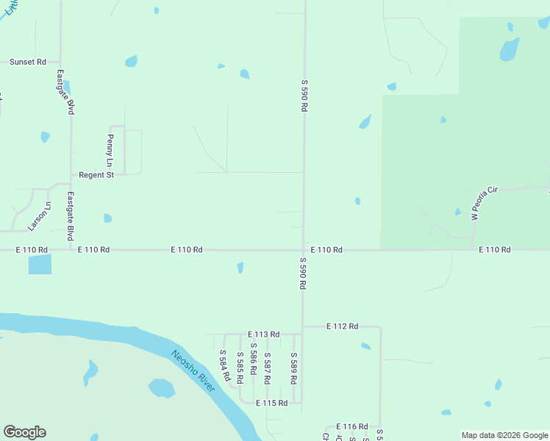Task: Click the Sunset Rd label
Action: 28,62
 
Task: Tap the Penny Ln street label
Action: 110,150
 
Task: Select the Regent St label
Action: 96,175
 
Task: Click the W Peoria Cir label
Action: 485,203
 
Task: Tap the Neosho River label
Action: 193,370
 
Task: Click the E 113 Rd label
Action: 263,334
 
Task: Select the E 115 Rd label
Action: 271,403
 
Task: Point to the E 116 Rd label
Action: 351,426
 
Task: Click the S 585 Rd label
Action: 240,369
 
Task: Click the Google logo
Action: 24,432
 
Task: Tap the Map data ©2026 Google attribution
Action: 504,435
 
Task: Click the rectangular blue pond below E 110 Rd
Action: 40,265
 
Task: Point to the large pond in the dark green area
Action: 509,49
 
